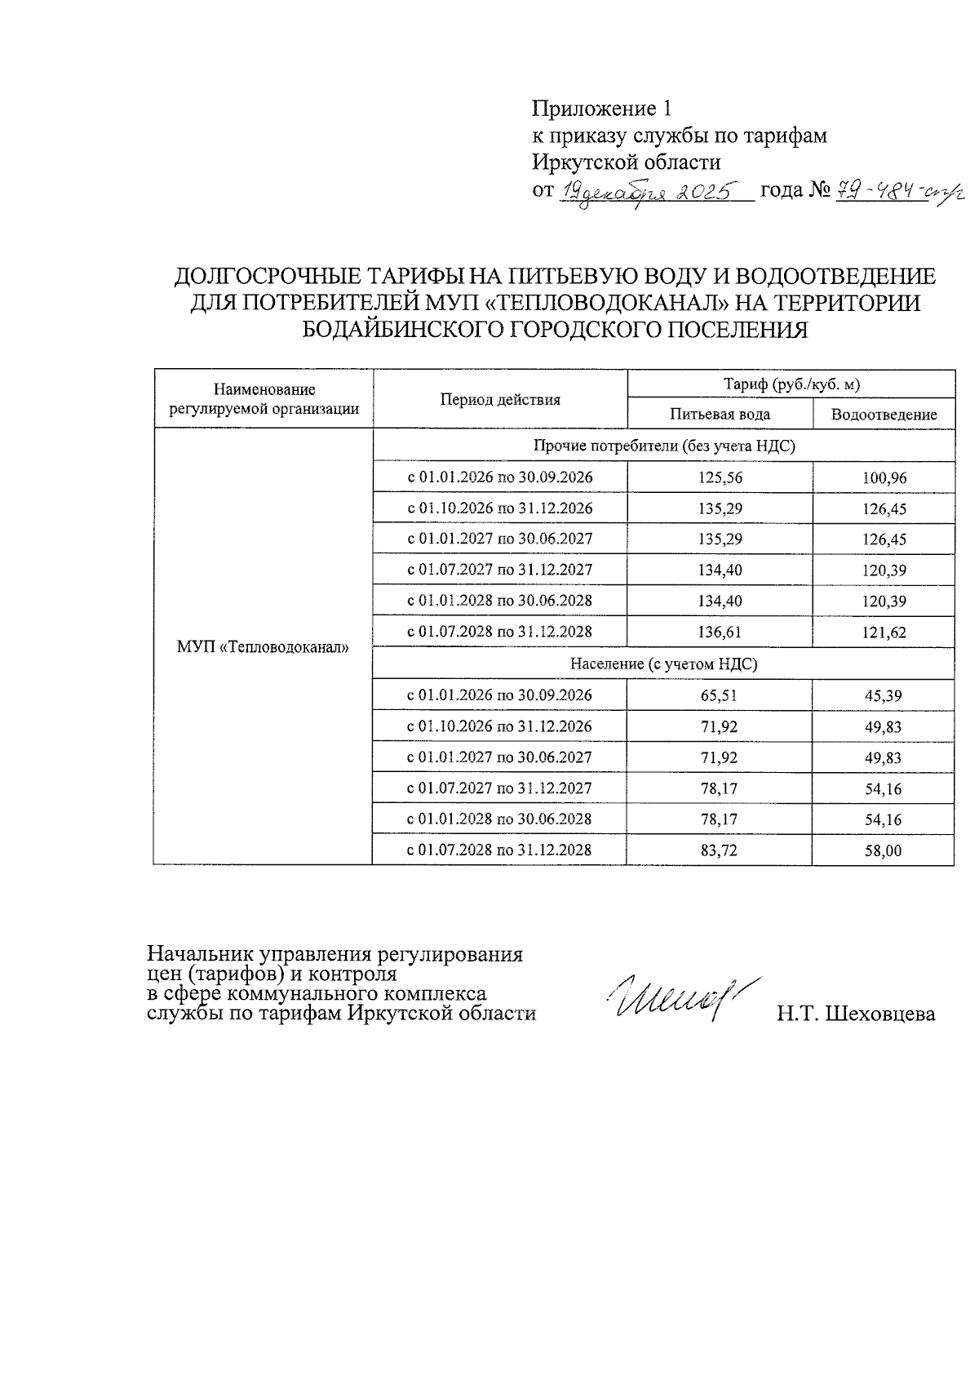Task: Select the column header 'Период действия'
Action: (x=500, y=399)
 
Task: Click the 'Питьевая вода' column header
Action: (x=719, y=414)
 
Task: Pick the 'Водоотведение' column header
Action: (x=884, y=414)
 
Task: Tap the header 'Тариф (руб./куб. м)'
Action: (x=791, y=384)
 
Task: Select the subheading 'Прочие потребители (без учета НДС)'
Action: (x=663, y=446)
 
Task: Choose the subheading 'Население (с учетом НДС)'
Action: (x=663, y=664)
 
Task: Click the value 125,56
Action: (x=719, y=477)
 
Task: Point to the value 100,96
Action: (x=884, y=478)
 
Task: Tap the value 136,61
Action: (x=719, y=632)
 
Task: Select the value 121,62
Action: (x=884, y=633)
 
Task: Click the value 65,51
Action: (x=719, y=695)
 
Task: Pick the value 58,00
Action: (x=884, y=850)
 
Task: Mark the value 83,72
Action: (x=719, y=850)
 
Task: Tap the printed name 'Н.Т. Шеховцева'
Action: (x=855, y=1014)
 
